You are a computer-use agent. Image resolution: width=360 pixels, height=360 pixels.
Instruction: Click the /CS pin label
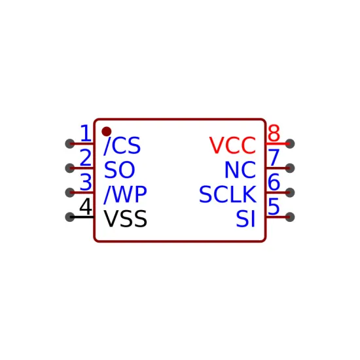pyautogui.click(x=122, y=145)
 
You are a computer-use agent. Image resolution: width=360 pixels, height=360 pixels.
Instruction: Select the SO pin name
pyautogui.click(x=119, y=170)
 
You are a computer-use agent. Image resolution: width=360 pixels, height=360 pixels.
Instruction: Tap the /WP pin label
pyautogui.click(x=125, y=194)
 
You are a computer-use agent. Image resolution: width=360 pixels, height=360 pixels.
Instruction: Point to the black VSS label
pyautogui.click(x=126, y=219)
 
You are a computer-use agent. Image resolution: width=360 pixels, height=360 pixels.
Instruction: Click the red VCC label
pyautogui.click(x=232, y=145)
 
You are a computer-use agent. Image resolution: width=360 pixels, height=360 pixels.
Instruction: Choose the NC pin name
pyautogui.click(x=240, y=170)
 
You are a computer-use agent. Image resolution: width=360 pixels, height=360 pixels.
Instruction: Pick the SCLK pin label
pyautogui.click(x=228, y=194)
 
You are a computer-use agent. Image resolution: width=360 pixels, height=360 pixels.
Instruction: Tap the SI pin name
pyautogui.click(x=245, y=219)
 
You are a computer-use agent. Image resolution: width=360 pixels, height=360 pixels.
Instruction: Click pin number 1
pyautogui.click(x=85, y=133)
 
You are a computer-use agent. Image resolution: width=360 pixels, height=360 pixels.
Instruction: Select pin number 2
pyautogui.click(x=86, y=158)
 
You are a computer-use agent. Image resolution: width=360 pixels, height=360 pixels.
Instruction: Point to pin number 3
pyautogui.click(x=86, y=182)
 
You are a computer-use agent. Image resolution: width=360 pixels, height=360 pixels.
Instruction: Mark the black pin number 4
pyautogui.click(x=86, y=206)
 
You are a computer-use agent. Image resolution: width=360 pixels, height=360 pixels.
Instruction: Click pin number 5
pyautogui.click(x=274, y=206)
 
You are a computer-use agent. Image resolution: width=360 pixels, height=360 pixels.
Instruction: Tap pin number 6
pyautogui.click(x=274, y=182)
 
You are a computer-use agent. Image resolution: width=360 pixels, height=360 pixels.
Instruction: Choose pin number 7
pyautogui.click(x=274, y=158)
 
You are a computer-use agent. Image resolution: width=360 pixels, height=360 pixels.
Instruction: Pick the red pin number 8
pyautogui.click(x=274, y=133)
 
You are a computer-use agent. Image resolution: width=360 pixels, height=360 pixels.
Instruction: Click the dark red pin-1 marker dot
pyautogui.click(x=107, y=132)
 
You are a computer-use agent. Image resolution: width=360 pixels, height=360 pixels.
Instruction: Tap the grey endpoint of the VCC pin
pyautogui.click(x=290, y=144)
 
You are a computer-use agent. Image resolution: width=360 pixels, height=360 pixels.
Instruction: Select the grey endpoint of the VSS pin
pyautogui.click(x=70, y=217)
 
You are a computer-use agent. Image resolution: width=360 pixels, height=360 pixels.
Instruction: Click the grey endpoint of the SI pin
pyautogui.click(x=290, y=217)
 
